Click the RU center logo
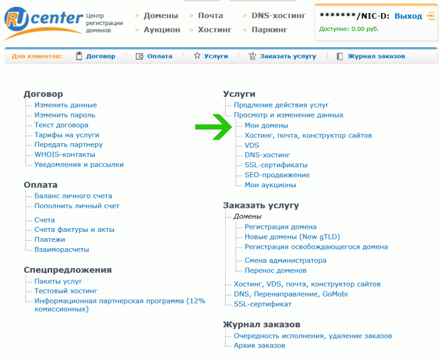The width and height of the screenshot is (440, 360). (44, 23)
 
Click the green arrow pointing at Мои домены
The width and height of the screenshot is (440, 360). (214, 127)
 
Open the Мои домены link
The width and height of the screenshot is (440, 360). (267, 125)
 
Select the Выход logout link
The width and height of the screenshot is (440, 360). (408, 16)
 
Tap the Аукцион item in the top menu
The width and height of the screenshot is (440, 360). (162, 30)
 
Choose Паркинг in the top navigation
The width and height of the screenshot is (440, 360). (269, 30)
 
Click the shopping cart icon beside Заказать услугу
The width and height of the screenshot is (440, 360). (252, 56)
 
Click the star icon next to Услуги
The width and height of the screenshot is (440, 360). (197, 56)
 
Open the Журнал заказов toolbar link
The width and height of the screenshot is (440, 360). (377, 56)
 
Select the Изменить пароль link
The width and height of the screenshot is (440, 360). (65, 115)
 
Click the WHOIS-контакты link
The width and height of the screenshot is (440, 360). (65, 155)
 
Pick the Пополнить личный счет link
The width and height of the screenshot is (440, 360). (77, 206)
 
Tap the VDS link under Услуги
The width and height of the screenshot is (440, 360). (252, 145)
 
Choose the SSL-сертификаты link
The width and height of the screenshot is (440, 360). (276, 165)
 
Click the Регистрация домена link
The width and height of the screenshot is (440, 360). (280, 227)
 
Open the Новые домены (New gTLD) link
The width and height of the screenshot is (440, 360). (292, 237)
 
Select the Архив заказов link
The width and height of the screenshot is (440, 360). (260, 346)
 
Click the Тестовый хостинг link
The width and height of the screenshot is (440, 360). (66, 291)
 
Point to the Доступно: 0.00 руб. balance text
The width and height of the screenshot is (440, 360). (349, 29)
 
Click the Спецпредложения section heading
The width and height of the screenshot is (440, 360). (68, 270)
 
